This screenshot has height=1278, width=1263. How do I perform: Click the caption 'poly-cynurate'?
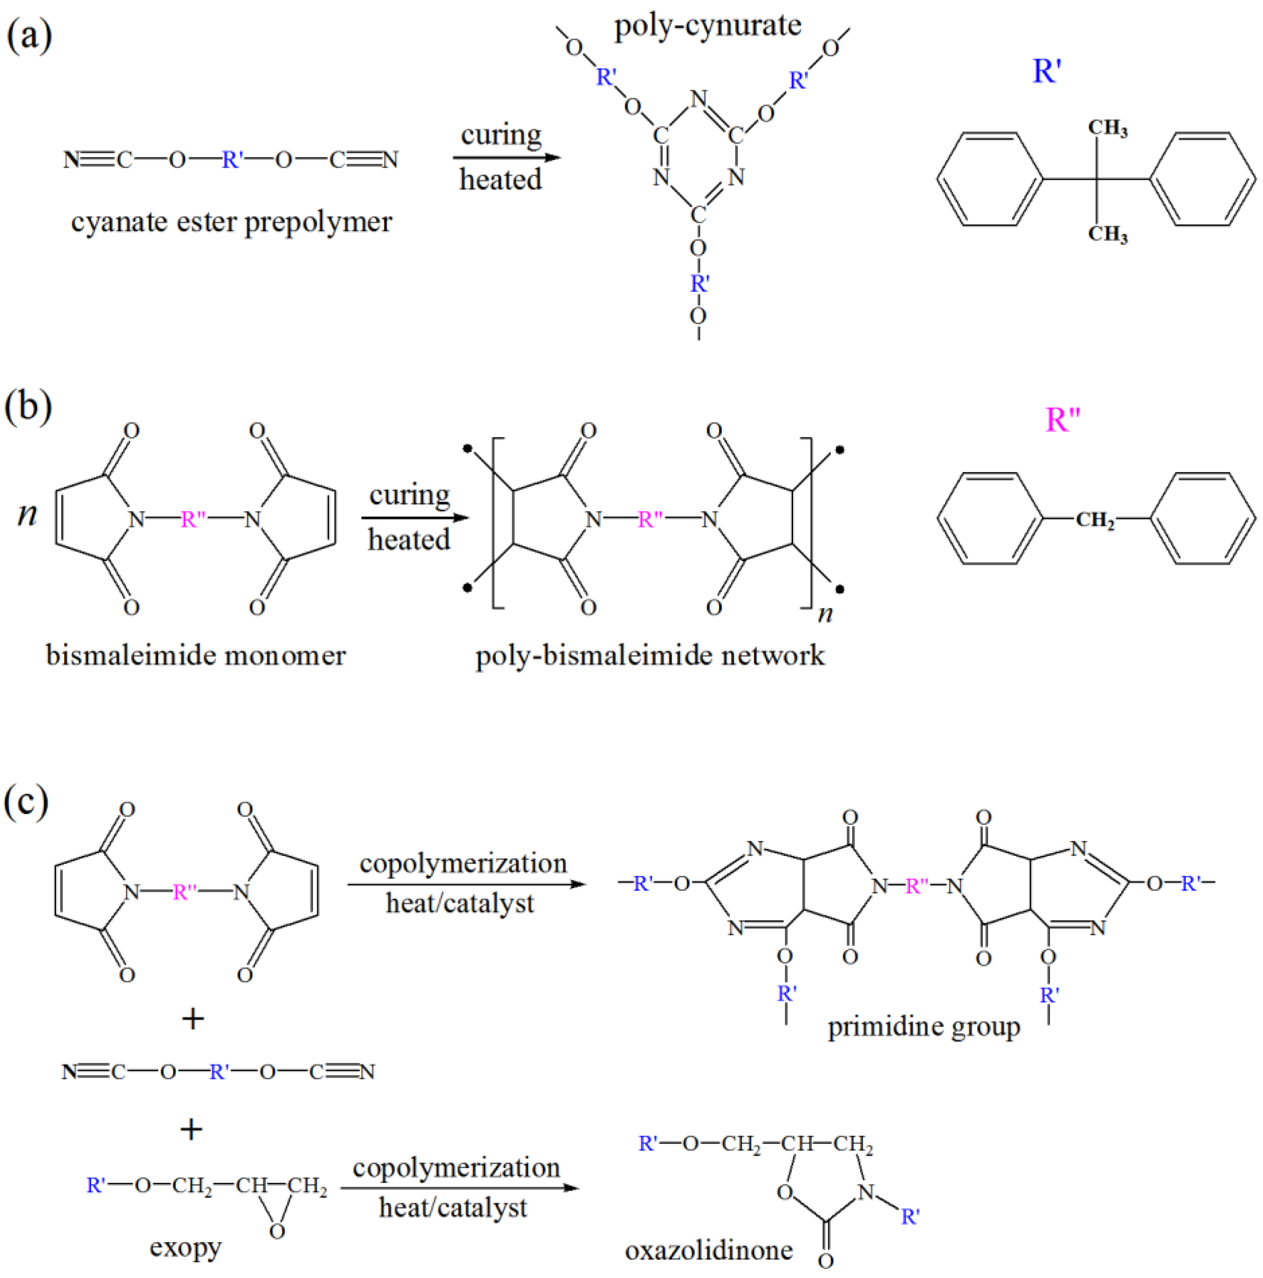tap(707, 26)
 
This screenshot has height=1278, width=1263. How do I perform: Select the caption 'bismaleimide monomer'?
tap(196, 655)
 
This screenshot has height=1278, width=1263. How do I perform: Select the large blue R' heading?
tap(1047, 70)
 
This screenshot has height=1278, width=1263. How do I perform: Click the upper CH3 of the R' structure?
tap(1108, 128)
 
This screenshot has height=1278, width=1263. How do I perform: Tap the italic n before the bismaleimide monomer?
tap(27, 513)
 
